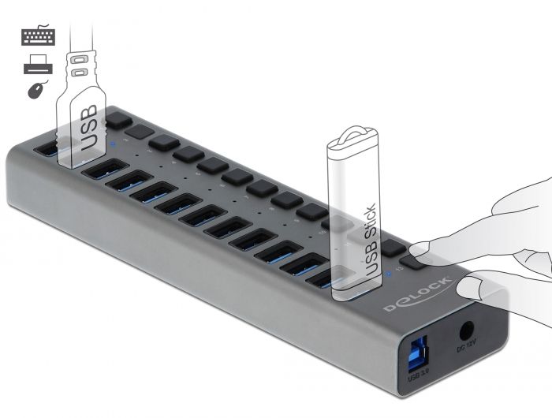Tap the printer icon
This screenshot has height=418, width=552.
(x=38, y=65)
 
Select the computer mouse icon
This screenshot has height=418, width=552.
(x=36, y=90)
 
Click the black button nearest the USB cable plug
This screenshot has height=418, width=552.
(x=117, y=120)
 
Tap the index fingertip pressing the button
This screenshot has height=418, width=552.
(x=426, y=248)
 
